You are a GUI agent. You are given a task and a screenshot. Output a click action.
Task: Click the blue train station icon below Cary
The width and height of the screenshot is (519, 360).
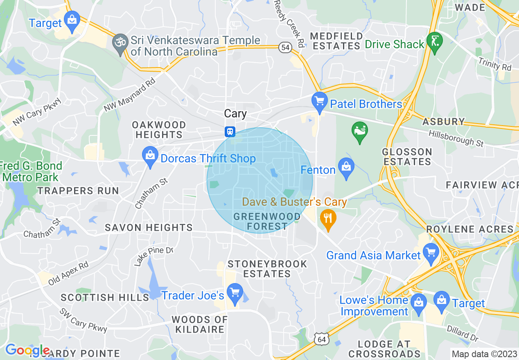click(230, 132)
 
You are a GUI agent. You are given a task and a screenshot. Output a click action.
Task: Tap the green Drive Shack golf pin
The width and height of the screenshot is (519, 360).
click(434, 42)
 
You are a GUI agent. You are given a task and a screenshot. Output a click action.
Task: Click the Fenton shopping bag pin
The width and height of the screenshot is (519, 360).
click(346, 168)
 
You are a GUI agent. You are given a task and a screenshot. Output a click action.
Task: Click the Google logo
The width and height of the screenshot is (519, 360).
click(27, 350)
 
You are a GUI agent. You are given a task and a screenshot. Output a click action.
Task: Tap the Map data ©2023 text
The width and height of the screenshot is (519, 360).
click(484, 354)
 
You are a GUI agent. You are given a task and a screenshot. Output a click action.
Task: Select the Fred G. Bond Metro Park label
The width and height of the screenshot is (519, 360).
click(31, 171)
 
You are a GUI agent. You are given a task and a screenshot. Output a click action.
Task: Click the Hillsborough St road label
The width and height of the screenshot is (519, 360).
click(456, 139)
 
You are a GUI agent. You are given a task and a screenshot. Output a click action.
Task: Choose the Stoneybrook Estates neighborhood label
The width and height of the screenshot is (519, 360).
click(267, 269)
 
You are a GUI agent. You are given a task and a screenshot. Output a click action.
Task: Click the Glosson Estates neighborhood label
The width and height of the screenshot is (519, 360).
click(407, 157)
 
